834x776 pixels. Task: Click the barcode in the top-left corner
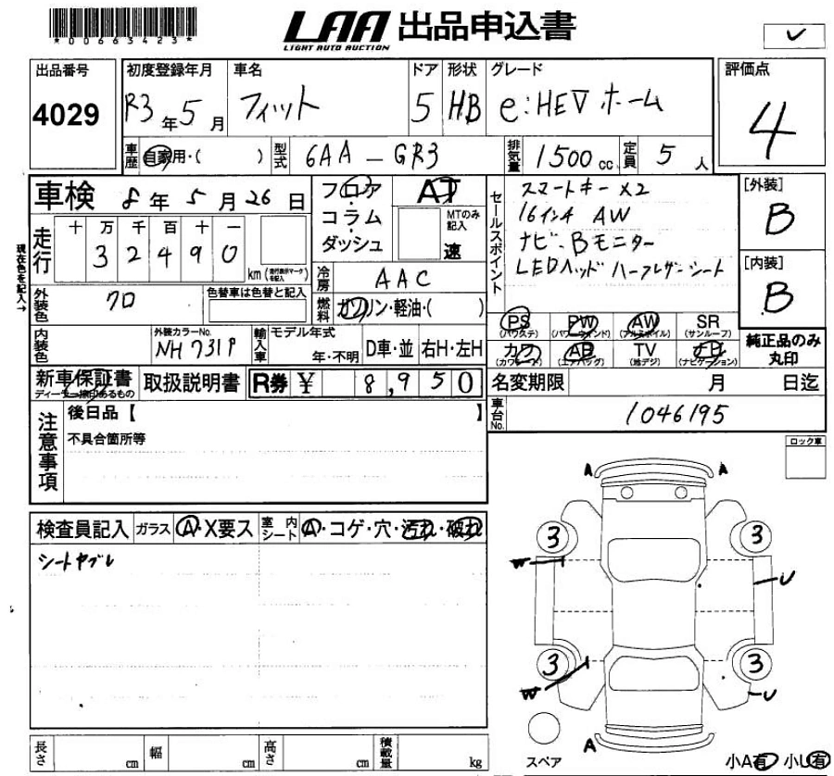point(122,21)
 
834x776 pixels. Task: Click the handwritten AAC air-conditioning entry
point(401,278)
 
